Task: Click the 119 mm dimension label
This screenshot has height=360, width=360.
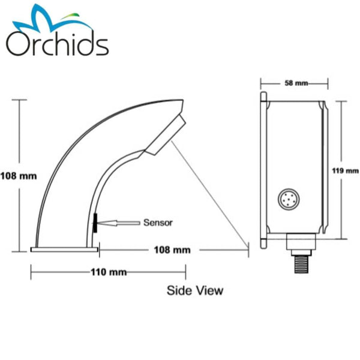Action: point(345,170)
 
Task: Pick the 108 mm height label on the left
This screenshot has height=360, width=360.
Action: point(19,176)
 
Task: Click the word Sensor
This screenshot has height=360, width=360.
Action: point(158,223)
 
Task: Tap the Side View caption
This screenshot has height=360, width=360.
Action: point(194,290)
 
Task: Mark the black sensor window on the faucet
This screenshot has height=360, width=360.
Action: point(94,221)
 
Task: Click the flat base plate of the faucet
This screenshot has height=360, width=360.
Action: point(65,248)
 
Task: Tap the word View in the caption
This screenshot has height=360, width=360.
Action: point(210,290)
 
